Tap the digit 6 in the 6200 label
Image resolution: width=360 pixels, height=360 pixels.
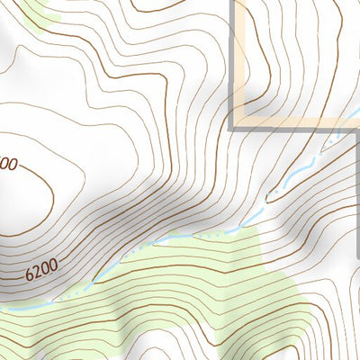pyautogui.click(x=30, y=270)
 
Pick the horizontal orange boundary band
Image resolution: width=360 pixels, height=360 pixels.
pyautogui.click(x=288, y=121)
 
